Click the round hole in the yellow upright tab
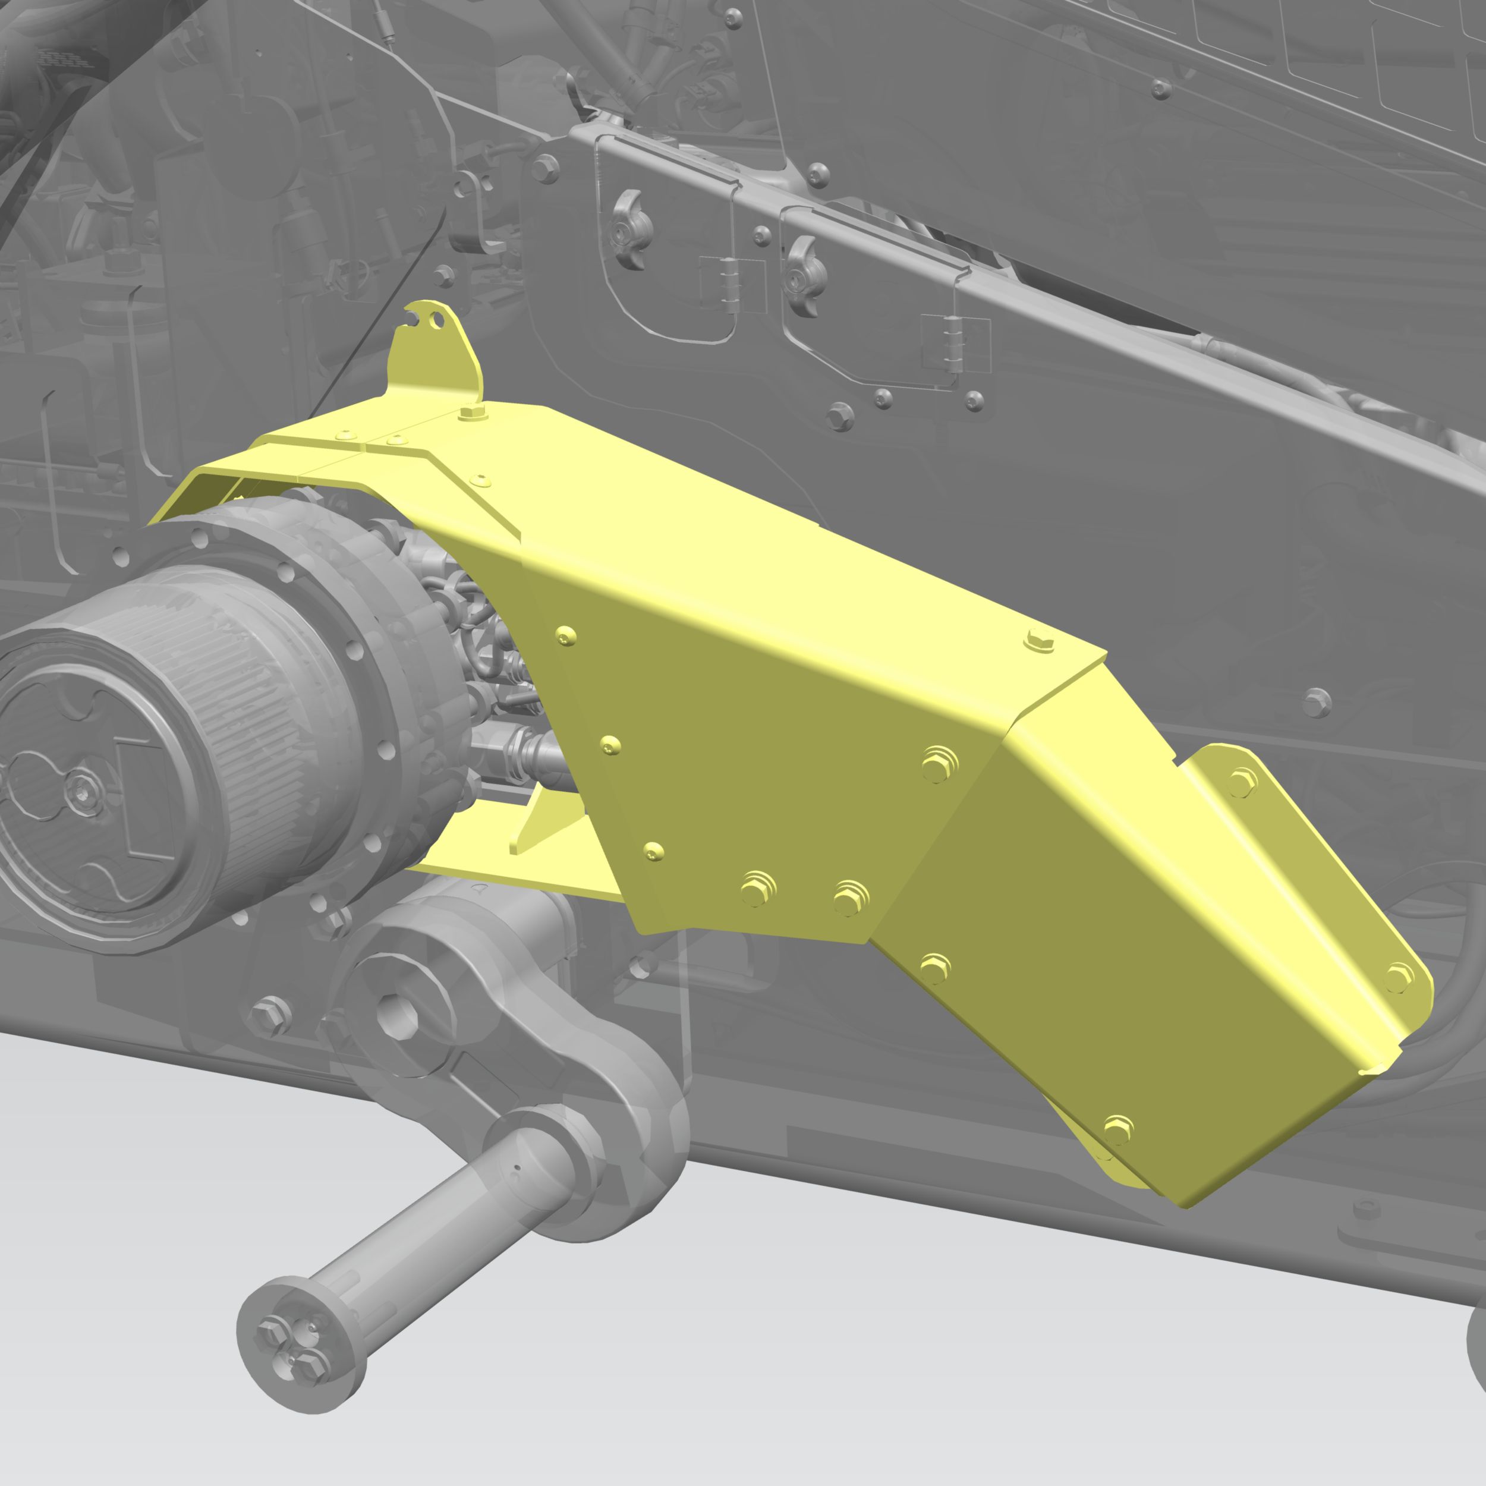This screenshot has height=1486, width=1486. pos(437,320)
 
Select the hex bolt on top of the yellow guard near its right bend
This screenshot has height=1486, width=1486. pos(1039,639)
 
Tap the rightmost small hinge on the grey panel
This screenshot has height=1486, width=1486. pos(955,343)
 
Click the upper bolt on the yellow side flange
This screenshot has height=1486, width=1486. pos(1242,783)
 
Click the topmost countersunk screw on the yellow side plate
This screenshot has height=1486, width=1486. pos(566,636)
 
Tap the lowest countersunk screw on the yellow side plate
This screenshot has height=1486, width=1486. pos(653,851)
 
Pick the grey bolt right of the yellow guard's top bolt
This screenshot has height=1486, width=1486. pos(1316,701)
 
